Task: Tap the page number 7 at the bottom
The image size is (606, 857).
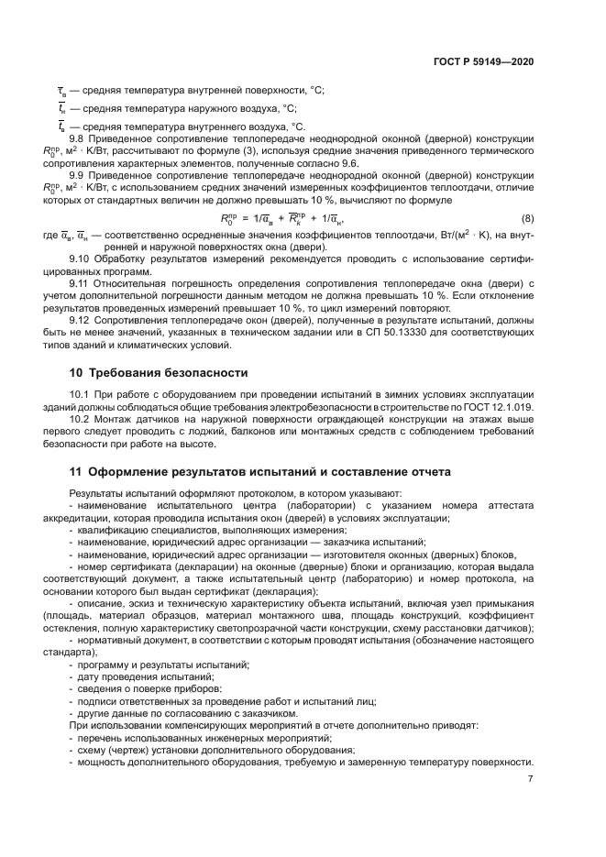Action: click(x=530, y=779)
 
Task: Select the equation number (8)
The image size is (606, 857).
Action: click(x=527, y=218)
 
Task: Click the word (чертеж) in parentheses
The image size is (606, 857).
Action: click(x=127, y=749)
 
